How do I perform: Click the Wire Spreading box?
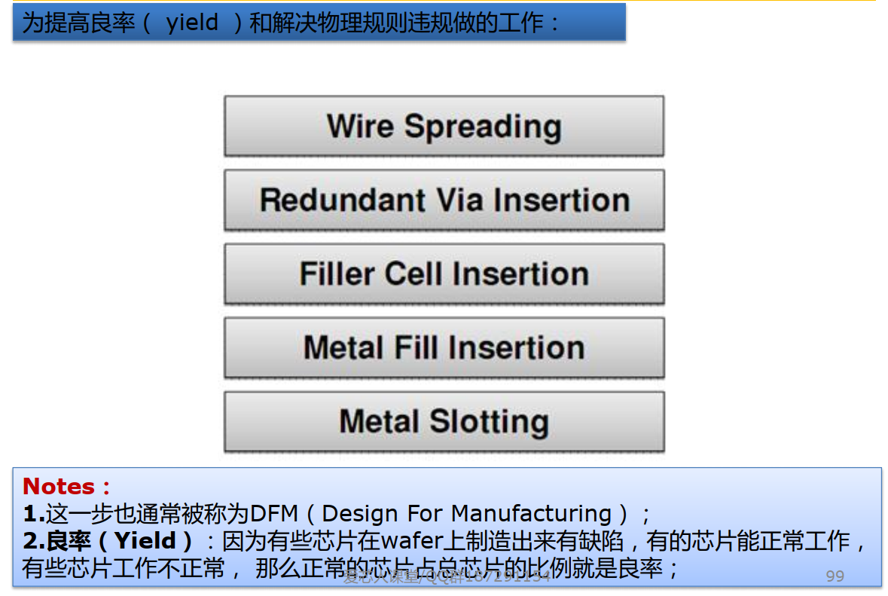point(444,126)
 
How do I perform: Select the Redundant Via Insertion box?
point(444,200)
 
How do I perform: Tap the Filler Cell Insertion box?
point(444,274)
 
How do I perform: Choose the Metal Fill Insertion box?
point(444,347)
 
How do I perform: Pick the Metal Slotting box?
point(444,421)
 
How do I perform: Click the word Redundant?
point(332,200)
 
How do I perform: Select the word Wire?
point(361,126)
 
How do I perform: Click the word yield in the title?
point(192,23)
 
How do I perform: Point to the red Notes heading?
point(60,486)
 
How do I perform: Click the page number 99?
point(835,576)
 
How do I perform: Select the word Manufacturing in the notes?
point(531,514)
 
